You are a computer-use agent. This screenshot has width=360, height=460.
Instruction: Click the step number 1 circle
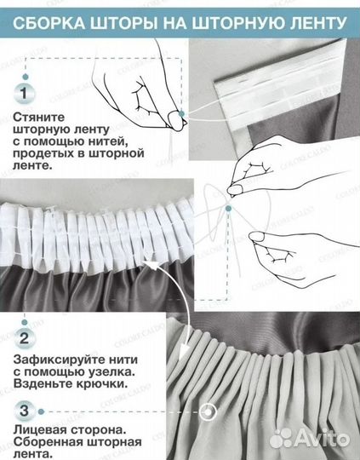(x=26, y=89)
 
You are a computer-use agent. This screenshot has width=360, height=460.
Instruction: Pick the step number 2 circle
(x=26, y=338)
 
